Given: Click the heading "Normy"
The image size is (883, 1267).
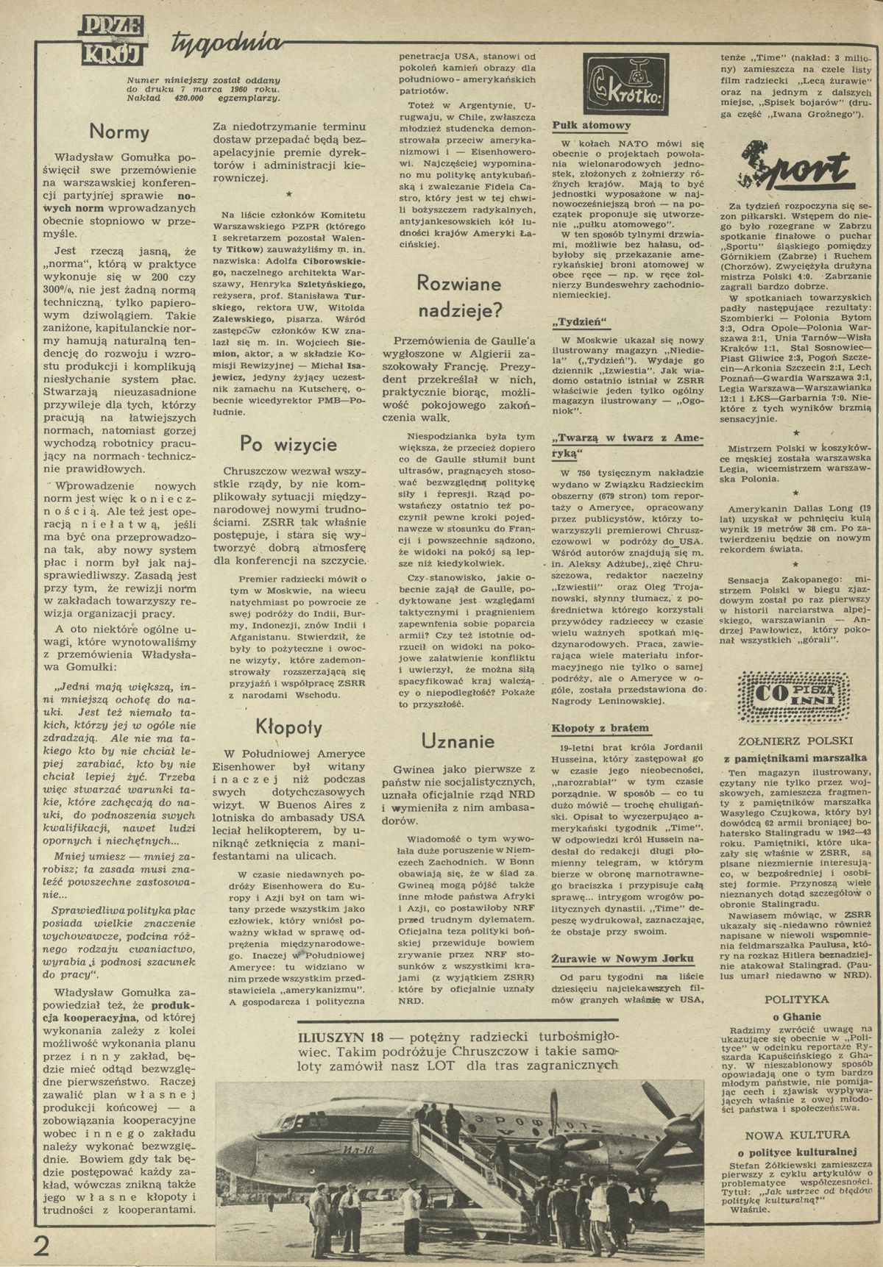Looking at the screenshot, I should (118, 132).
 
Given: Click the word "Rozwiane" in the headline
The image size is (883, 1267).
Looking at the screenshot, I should (458, 284).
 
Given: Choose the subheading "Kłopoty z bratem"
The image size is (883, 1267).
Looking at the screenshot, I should (600, 728).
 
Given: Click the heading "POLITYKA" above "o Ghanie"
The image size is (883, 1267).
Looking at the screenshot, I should (796, 999).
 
